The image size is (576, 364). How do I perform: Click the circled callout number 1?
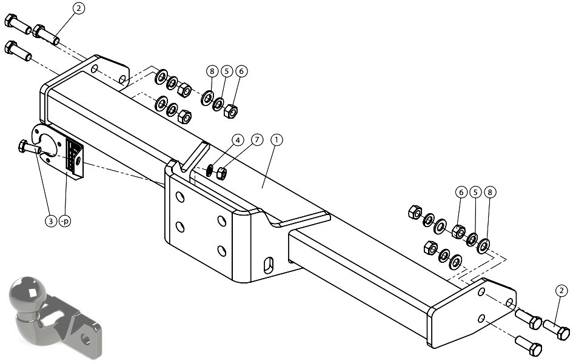tap(276, 140)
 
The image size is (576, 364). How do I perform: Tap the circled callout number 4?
tap(238, 140)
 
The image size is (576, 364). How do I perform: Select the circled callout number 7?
tap(257, 140)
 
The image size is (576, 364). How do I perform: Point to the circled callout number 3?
tap(51, 221)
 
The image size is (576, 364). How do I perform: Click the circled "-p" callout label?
tap(65, 221)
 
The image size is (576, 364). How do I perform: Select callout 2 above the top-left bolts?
tap(79, 8)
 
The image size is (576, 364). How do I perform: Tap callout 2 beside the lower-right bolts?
tap(561, 291)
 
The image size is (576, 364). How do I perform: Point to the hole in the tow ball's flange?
tap(86, 339)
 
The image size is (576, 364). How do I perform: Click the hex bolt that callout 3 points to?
tap(29, 148)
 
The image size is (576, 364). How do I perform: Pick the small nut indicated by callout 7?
tap(221, 173)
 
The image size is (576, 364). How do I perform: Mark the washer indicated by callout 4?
tap(209, 170)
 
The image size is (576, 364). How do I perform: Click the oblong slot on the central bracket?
tap(269, 265)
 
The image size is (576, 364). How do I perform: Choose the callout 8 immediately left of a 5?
tap(212, 71)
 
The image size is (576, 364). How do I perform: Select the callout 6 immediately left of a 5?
tap(461, 192)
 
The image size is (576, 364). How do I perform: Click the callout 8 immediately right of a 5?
tap(490, 192)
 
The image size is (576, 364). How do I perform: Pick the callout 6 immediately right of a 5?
tap(241, 71)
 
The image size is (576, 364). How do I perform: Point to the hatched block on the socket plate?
tap(74, 156)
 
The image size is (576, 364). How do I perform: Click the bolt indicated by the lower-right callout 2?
tap(557, 329)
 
